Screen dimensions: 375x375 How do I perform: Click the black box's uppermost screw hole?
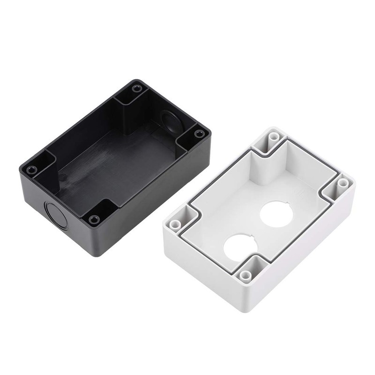[136, 88]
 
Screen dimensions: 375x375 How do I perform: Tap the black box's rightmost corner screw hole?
[200, 134]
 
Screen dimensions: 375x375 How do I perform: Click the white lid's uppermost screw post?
[274, 138]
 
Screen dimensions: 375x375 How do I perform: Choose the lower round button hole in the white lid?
[239, 247]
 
